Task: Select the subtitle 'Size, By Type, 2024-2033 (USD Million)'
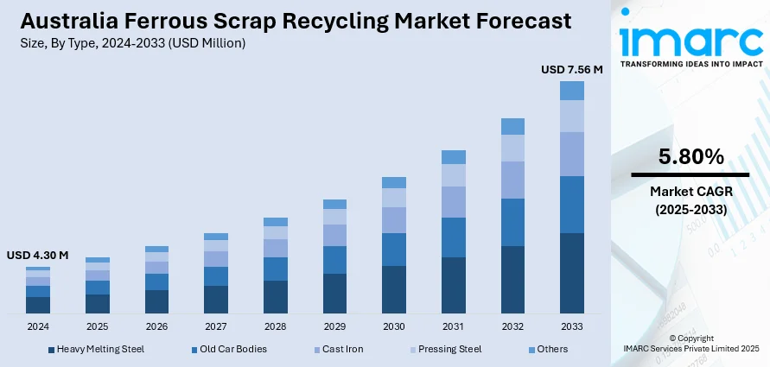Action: (x=129, y=43)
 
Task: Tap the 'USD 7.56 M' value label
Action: (x=571, y=69)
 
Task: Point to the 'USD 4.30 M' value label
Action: (x=37, y=256)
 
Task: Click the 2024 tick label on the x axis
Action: (x=38, y=327)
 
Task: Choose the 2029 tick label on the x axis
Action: (x=334, y=327)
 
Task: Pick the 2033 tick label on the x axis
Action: (x=572, y=327)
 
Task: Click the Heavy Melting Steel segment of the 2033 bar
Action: (x=572, y=273)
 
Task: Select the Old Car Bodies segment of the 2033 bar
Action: (x=572, y=205)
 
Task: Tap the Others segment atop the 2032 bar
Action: (x=512, y=126)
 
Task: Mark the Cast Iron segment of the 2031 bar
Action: (x=454, y=202)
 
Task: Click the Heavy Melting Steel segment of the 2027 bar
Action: (x=216, y=299)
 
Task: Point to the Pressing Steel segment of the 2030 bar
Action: (x=394, y=198)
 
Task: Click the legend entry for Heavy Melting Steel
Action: (x=96, y=349)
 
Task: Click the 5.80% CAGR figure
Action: (x=690, y=156)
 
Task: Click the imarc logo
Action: (x=690, y=41)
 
